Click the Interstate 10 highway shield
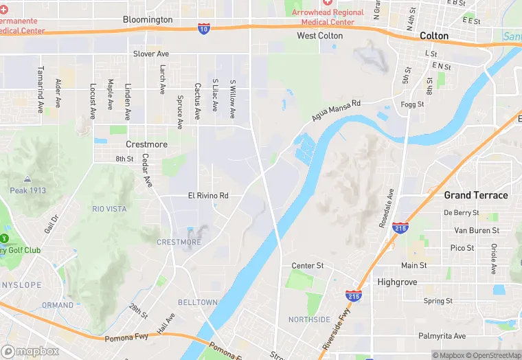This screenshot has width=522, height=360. [x=204, y=28]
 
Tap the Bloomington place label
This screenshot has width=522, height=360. [x=148, y=19]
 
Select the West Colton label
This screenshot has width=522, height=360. [x=320, y=35]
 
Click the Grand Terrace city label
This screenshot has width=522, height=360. [x=476, y=195]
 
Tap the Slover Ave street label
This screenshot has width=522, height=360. [x=151, y=54]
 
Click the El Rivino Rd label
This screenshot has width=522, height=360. [x=208, y=196]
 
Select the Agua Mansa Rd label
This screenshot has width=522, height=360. [x=336, y=111]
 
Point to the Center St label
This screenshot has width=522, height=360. [x=307, y=265]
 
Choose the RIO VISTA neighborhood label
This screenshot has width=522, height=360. [x=110, y=208]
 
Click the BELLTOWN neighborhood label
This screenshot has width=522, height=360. [x=198, y=302]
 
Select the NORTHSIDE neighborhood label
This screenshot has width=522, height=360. [x=309, y=319]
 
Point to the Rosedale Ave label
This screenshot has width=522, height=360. [x=391, y=204]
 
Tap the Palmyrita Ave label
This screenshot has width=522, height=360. [x=442, y=336]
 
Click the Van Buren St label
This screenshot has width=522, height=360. [x=477, y=230]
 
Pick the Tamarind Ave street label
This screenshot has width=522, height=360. [x=41, y=90]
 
